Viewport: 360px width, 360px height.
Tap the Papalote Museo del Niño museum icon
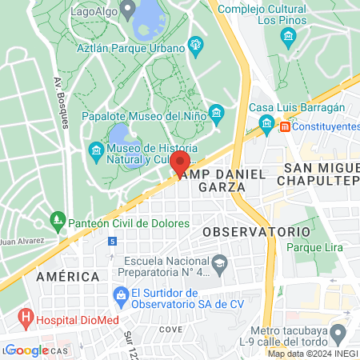pyautogui.click(x=214, y=113)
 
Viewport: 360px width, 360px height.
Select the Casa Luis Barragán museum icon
pyautogui.click(x=266, y=122)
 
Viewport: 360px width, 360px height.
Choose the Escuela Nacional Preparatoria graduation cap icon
pyautogui.click(x=219, y=262)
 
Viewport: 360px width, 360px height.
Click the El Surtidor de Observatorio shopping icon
pyautogui.click(x=121, y=297)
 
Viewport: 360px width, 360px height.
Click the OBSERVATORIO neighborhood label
pyautogui.click(x=256, y=231)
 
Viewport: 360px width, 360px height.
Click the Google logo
pyautogui.click(x=26, y=350)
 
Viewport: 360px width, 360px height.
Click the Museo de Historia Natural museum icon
pyautogui.click(x=96, y=150)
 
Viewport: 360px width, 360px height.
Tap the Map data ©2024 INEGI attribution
pyautogui.click(x=313, y=354)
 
